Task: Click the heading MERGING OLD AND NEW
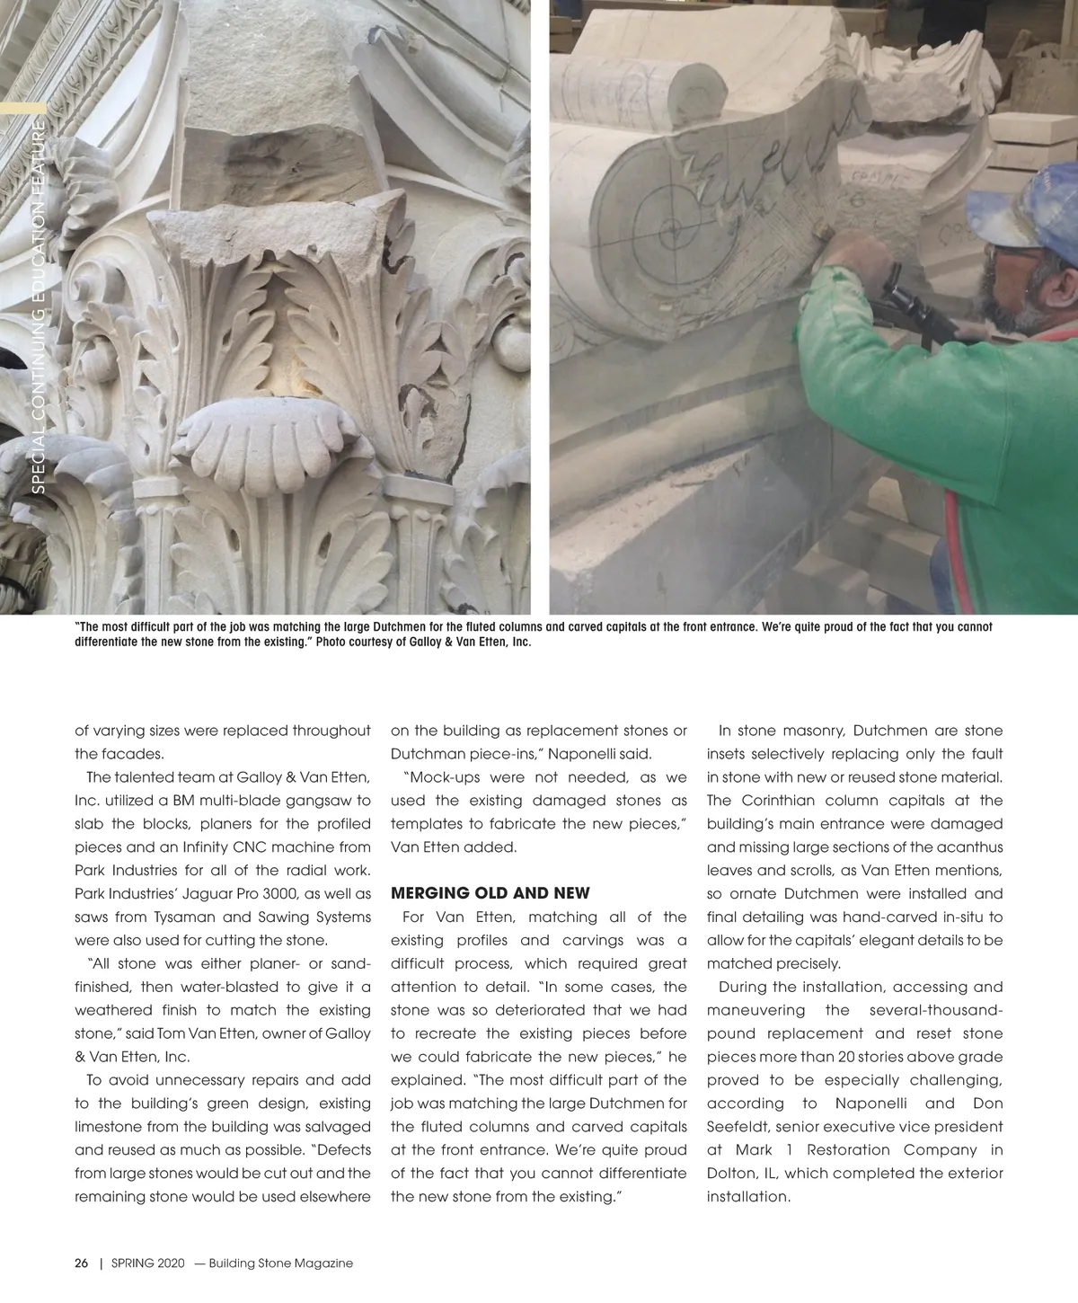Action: tap(490, 893)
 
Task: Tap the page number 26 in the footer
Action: tap(81, 1263)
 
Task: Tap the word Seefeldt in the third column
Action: tap(737, 1127)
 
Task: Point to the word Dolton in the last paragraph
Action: tap(729, 1174)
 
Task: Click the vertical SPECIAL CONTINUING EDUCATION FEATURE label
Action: tap(39, 306)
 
